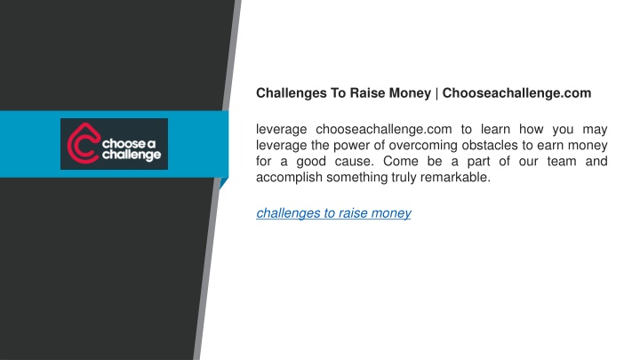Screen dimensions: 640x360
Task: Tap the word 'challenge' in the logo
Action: pos(132,155)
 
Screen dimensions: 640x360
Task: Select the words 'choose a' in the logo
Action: pos(129,144)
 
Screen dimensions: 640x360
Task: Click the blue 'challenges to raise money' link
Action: pos(333,213)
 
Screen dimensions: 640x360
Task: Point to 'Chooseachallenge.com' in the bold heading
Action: pos(516,93)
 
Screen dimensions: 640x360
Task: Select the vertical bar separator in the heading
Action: pos(436,93)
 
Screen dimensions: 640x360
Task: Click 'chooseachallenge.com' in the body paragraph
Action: pos(384,130)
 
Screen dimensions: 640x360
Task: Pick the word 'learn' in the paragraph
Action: pos(495,130)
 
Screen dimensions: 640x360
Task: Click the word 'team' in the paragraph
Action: pos(562,161)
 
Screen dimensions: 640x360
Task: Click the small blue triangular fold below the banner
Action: pos(223,182)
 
